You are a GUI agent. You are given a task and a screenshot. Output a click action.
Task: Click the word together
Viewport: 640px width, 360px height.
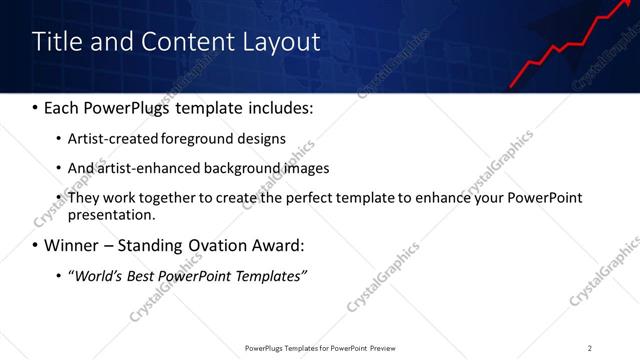[170, 198]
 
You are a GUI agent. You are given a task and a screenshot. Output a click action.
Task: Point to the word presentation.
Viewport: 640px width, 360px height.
[111, 214]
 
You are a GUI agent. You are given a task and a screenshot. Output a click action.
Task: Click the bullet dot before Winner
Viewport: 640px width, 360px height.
[35, 245]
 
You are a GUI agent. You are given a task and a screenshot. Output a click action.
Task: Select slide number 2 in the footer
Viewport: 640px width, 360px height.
[590, 347]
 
